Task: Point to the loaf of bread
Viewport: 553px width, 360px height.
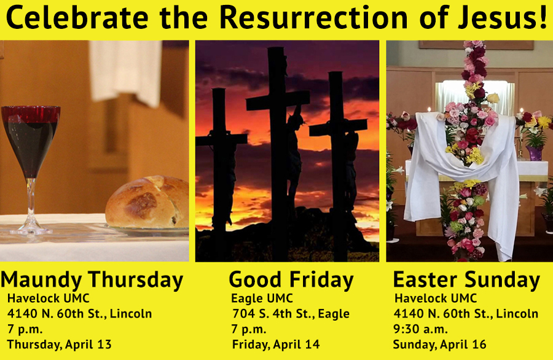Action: click(147, 202)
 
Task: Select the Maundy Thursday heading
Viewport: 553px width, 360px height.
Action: click(92, 280)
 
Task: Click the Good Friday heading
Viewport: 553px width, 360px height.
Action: click(291, 280)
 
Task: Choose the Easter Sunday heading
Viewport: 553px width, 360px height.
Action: click(466, 280)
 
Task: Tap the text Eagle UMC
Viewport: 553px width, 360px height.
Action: click(262, 299)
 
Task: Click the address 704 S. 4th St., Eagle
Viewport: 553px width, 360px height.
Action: click(291, 313)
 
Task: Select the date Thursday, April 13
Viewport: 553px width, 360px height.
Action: click(59, 344)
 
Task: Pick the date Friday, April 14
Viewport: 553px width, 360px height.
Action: click(276, 344)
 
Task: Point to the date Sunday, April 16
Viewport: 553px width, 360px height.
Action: click(439, 344)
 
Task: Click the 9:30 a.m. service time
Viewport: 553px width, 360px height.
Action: click(420, 329)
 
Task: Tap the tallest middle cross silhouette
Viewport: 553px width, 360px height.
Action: click(278, 152)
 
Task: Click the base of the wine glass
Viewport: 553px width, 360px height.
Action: click(31, 230)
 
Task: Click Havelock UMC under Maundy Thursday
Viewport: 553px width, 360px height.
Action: click(49, 299)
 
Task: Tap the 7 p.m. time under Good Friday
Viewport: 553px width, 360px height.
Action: click(249, 329)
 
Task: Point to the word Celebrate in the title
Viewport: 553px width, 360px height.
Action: click(77, 17)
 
